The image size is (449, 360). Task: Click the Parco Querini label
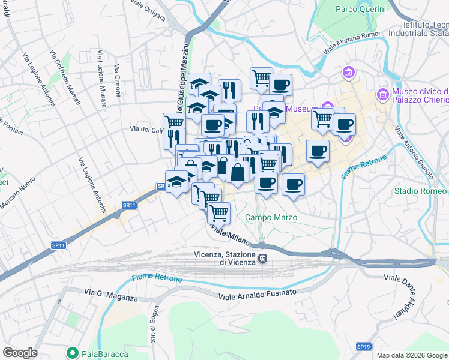(358, 9)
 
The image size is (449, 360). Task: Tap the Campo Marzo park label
(271, 217)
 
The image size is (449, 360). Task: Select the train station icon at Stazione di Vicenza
(262, 259)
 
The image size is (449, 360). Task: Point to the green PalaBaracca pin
(73, 353)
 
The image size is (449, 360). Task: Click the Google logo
(20, 353)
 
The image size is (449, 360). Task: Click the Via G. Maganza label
(111, 295)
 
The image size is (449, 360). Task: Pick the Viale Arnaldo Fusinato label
(258, 294)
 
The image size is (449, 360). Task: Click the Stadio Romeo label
(420, 191)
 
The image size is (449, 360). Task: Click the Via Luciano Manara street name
(100, 67)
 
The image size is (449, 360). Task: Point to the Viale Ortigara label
(148, 11)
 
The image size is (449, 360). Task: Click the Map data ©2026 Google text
(412, 355)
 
